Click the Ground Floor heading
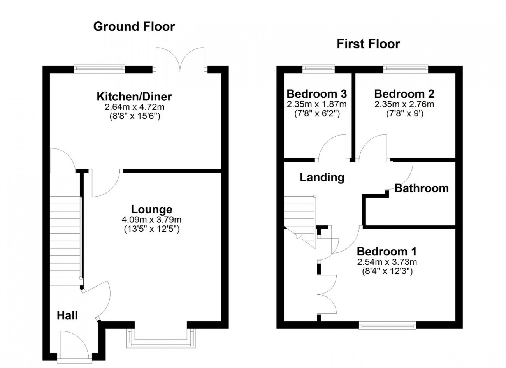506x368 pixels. (x=134, y=26)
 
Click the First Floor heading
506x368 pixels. (x=368, y=44)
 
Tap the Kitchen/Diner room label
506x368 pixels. (x=134, y=97)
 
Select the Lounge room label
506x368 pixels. (x=151, y=210)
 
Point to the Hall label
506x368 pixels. (x=67, y=315)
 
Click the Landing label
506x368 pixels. (x=322, y=178)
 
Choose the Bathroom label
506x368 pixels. (x=422, y=188)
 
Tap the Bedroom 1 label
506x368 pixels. (x=387, y=251)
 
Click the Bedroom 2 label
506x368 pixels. (x=404, y=93)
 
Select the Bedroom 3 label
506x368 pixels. (x=317, y=93)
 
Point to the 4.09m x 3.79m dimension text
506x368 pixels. (x=151, y=220)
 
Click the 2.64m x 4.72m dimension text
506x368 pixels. (x=134, y=107)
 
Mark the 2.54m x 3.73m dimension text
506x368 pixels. (x=387, y=262)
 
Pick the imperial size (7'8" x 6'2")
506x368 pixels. (x=317, y=114)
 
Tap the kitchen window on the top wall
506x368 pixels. (x=99, y=69)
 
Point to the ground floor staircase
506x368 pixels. (x=65, y=241)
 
